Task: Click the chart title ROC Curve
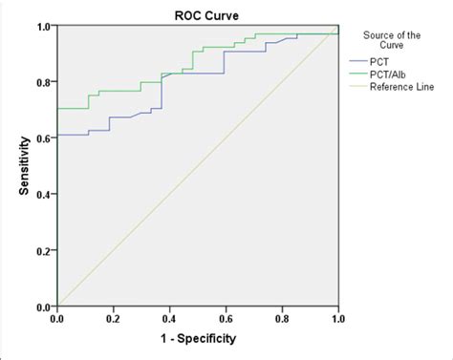point(198,11)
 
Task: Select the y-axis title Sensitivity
point(22,166)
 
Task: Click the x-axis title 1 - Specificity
point(198,339)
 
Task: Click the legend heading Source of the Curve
point(395,39)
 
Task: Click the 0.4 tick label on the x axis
point(169,317)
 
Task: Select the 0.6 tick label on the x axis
point(226,317)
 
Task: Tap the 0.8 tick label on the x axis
point(282,317)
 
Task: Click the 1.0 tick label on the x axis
point(337,317)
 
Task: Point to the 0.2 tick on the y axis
point(44,250)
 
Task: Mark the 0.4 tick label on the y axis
point(44,195)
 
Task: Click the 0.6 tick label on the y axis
point(44,138)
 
